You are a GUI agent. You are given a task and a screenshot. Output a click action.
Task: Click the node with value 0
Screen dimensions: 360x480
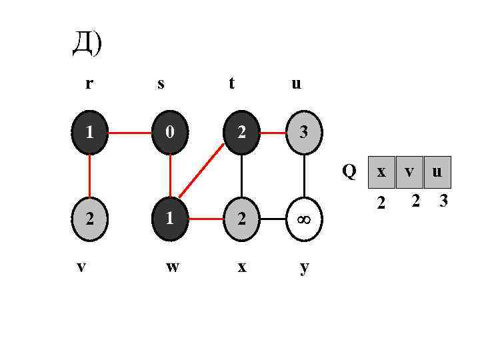coord(171,133)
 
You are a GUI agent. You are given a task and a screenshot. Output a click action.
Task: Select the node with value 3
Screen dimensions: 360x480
coord(304,133)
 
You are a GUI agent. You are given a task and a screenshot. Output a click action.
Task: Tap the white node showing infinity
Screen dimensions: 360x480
coord(304,218)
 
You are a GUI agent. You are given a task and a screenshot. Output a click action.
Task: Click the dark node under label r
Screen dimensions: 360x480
coord(89,133)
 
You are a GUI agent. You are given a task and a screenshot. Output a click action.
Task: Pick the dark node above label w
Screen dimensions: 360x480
coord(171,218)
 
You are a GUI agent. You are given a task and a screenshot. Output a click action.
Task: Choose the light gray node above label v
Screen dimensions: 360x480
coord(89,218)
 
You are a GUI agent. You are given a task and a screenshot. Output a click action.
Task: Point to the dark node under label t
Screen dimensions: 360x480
coord(241,133)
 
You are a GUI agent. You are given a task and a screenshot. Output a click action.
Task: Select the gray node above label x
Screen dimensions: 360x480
coord(241,218)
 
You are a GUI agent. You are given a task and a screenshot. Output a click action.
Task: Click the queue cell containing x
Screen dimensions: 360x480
coord(381,172)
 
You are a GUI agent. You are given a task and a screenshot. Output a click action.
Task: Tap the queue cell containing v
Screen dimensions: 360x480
coord(409,172)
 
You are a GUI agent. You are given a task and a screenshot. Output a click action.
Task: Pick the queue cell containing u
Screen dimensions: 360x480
coord(437,172)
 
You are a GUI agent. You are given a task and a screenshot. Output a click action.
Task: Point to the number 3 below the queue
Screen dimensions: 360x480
coord(443,200)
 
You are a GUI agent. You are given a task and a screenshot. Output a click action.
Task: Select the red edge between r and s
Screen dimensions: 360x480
coord(129,133)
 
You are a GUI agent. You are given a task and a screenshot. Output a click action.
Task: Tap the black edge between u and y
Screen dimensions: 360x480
coord(304,175)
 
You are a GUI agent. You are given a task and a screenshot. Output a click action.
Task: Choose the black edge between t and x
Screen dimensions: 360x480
coord(241,175)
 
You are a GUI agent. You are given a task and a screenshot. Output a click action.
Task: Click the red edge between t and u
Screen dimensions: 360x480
coord(273,133)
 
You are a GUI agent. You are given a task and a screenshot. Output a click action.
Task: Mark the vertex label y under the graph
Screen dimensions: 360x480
coord(304,267)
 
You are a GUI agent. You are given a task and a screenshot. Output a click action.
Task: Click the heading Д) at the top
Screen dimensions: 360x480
coord(87,44)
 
